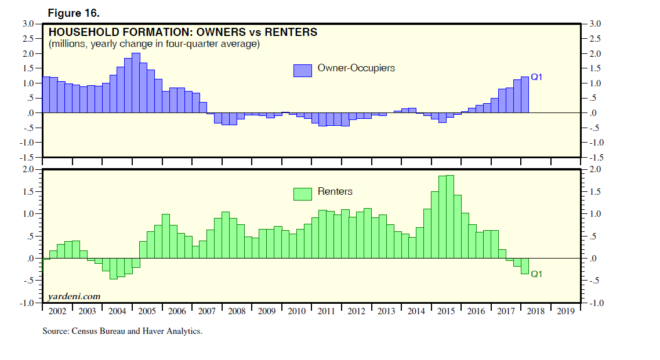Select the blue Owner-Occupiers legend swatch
pyautogui.click(x=303, y=70)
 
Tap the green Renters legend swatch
pyautogui.click(x=303, y=194)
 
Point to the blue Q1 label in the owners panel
pyautogui.click(x=536, y=77)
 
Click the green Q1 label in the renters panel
pyautogui.click(x=536, y=274)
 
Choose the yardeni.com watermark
pyautogui.click(x=74, y=296)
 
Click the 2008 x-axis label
pyautogui.click(x=237, y=311)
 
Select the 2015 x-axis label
pyautogui.click(x=446, y=311)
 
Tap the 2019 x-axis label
pyautogui.click(x=565, y=311)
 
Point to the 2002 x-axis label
pyautogui.click(x=57, y=311)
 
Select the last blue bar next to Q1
pyautogui.click(x=524, y=94)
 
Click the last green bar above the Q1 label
pyautogui.click(x=524, y=266)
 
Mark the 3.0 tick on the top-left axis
pyautogui.click(x=28, y=24)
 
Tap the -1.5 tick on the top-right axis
pyautogui.click(x=596, y=158)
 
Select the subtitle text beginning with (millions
pyautogui.click(x=154, y=44)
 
